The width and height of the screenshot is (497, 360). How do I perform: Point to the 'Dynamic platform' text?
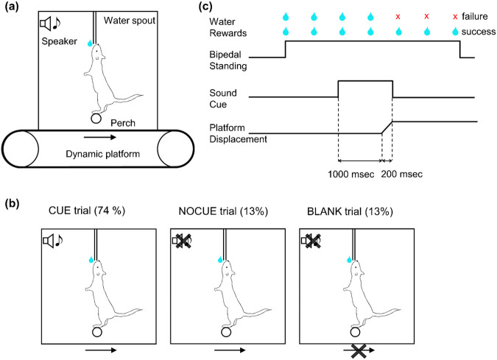point(97,153)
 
